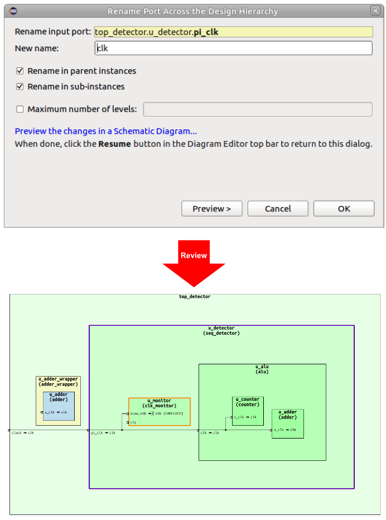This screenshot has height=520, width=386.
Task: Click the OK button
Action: coord(344,209)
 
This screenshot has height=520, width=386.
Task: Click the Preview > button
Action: coord(211,209)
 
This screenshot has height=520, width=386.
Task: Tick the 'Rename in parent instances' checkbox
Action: coord(20,71)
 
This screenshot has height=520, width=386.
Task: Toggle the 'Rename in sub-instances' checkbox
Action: coord(20,86)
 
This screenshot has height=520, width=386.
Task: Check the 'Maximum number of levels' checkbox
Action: coord(20,109)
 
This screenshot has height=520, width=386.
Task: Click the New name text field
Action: coord(233,49)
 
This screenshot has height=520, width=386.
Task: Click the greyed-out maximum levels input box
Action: coord(257,109)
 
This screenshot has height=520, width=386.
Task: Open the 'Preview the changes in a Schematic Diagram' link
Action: coord(105,131)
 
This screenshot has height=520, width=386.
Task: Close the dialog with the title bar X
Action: coord(375,11)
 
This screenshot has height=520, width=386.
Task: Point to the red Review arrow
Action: coord(194,260)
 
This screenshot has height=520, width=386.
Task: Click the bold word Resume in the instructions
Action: coord(114,144)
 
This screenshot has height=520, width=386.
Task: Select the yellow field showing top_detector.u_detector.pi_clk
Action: coord(233,32)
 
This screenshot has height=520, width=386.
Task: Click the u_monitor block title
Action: coord(159,403)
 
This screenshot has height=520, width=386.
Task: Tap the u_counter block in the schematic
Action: coord(248,411)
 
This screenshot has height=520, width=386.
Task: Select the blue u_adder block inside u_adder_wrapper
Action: coord(58,406)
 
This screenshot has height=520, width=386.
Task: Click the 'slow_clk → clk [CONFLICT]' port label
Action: coord(157,413)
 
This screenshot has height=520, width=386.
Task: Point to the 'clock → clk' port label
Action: coord(23,433)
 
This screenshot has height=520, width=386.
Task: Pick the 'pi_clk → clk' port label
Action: coord(103,433)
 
